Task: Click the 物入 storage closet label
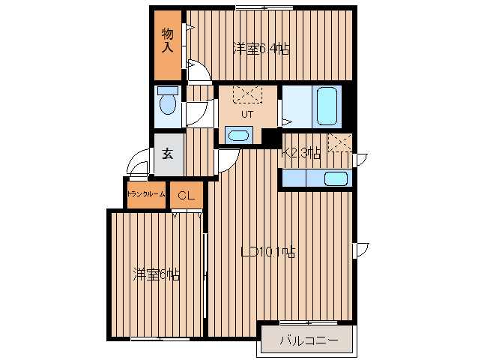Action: coord(167,40)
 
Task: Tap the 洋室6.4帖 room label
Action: coord(261,49)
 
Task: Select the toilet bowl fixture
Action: coord(168,100)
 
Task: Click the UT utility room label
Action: coord(247,115)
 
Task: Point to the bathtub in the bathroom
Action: coord(327,106)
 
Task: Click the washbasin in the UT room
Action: coord(238,135)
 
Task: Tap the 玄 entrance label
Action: coord(167,154)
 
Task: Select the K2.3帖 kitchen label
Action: coord(300,152)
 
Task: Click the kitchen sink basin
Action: coord(336,178)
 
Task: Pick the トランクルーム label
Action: coord(146,194)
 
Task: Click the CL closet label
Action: coord(186,195)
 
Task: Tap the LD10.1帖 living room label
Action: coord(267,252)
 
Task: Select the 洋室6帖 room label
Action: coord(156,274)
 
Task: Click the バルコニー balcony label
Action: coord(309,340)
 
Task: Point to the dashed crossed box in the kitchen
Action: coord(340,142)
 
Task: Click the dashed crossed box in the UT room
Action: coord(247,94)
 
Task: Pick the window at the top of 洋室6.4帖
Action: coord(264,7)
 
